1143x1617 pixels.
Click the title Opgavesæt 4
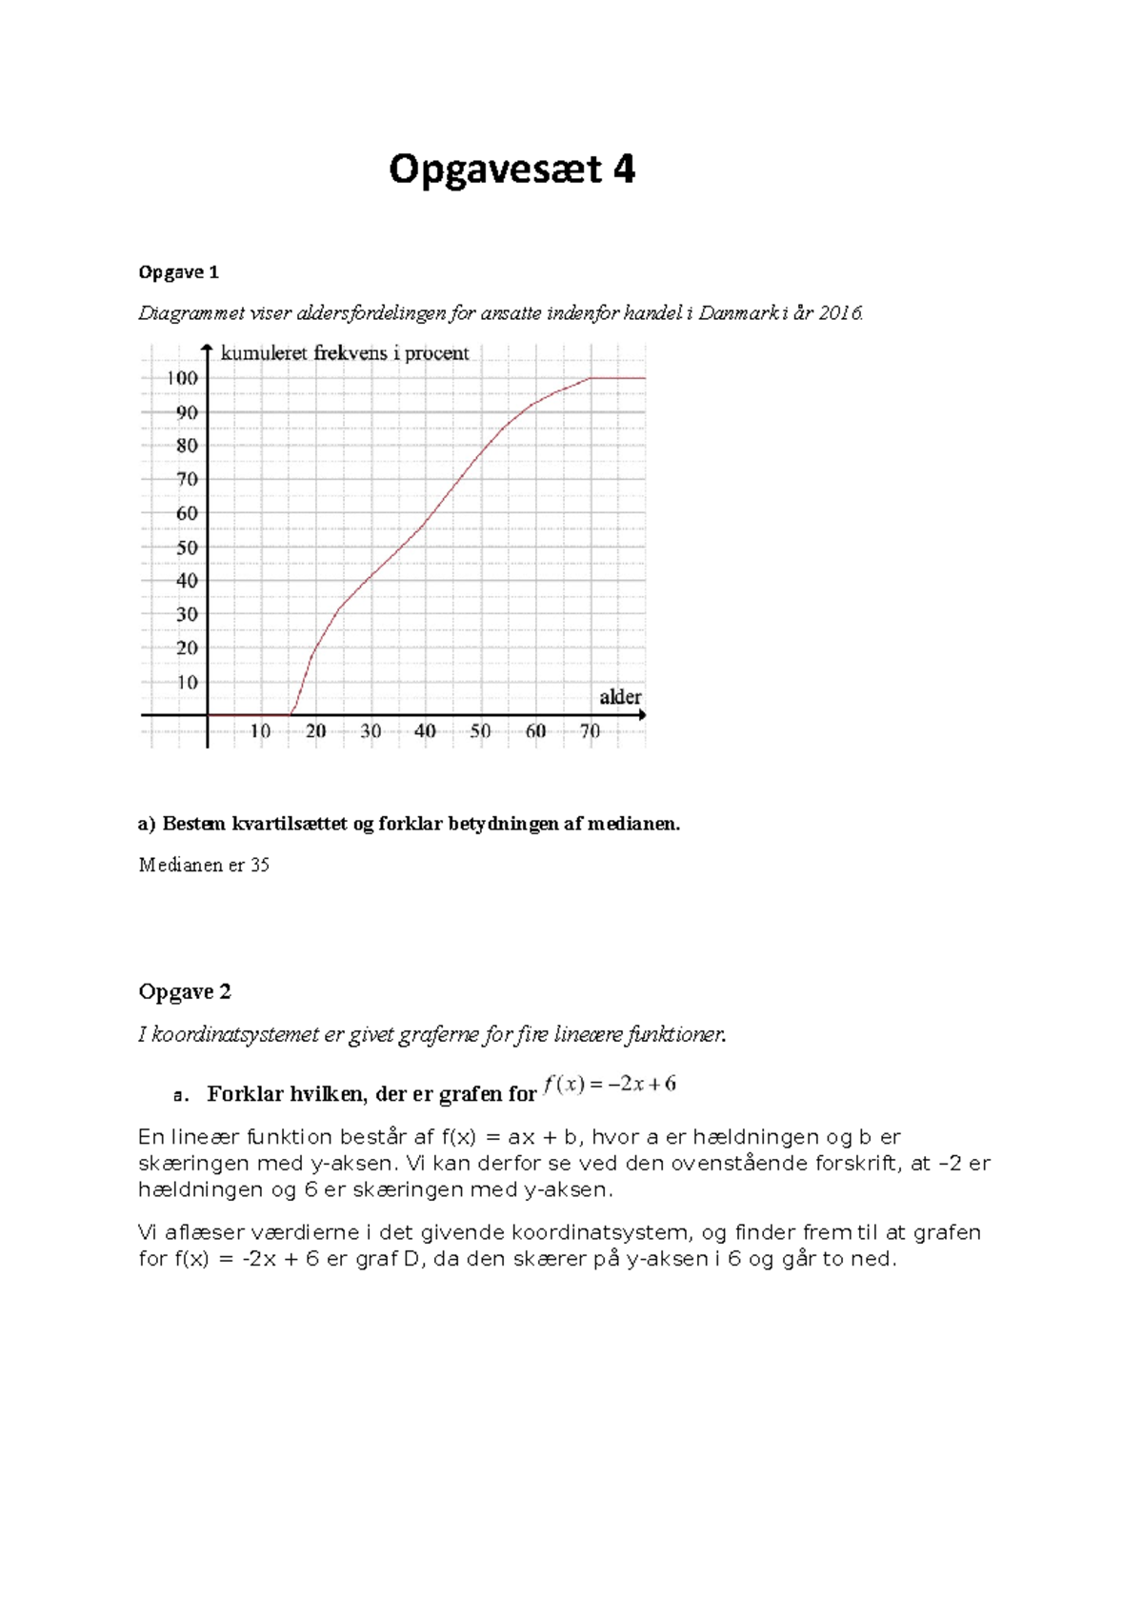(x=511, y=170)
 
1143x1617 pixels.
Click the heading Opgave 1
(x=178, y=272)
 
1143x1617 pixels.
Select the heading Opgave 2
(x=185, y=991)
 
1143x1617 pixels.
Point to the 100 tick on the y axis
(x=182, y=378)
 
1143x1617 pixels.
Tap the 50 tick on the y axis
(x=187, y=548)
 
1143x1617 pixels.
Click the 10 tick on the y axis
(x=187, y=682)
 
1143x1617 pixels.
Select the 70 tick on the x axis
(x=590, y=731)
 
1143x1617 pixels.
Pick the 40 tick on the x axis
(x=425, y=731)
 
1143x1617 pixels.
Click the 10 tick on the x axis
(x=260, y=731)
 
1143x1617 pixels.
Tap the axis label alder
(x=620, y=697)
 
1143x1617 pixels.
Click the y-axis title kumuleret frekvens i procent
(x=345, y=353)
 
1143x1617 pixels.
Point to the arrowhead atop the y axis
(x=207, y=349)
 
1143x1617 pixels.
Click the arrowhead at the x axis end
(x=642, y=714)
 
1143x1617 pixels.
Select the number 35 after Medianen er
(x=260, y=865)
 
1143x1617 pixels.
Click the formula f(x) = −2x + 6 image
(x=610, y=1084)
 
